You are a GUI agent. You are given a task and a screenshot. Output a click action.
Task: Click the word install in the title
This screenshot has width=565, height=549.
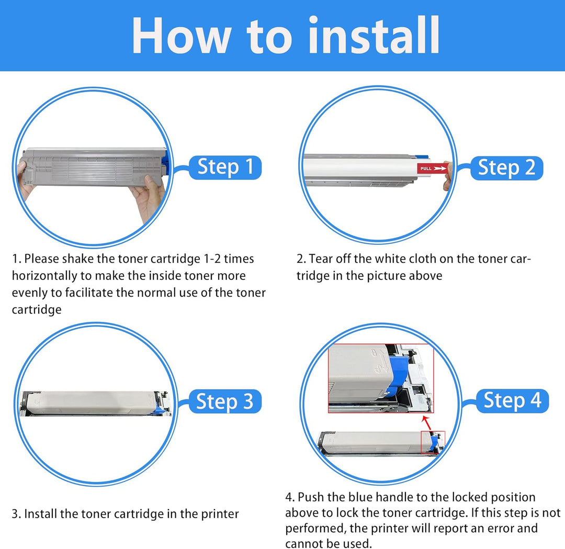click(x=374, y=36)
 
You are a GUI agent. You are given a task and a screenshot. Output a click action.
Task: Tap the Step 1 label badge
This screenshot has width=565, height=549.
click(x=225, y=167)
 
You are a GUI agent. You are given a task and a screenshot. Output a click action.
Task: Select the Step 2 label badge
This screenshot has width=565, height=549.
click(x=506, y=168)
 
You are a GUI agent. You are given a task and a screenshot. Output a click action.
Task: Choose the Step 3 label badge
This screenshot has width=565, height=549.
click(x=225, y=401)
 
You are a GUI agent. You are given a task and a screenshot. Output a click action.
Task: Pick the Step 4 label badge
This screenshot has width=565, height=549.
click(x=512, y=400)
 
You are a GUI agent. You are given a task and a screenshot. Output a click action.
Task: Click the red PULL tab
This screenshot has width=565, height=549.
click(x=433, y=169)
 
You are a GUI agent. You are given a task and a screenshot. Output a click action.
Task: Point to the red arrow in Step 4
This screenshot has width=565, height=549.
click(x=426, y=423)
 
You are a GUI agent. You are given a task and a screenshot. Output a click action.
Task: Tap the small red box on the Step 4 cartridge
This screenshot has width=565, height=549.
click(x=433, y=442)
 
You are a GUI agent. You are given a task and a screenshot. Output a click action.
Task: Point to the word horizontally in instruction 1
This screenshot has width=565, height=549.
click(x=44, y=276)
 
